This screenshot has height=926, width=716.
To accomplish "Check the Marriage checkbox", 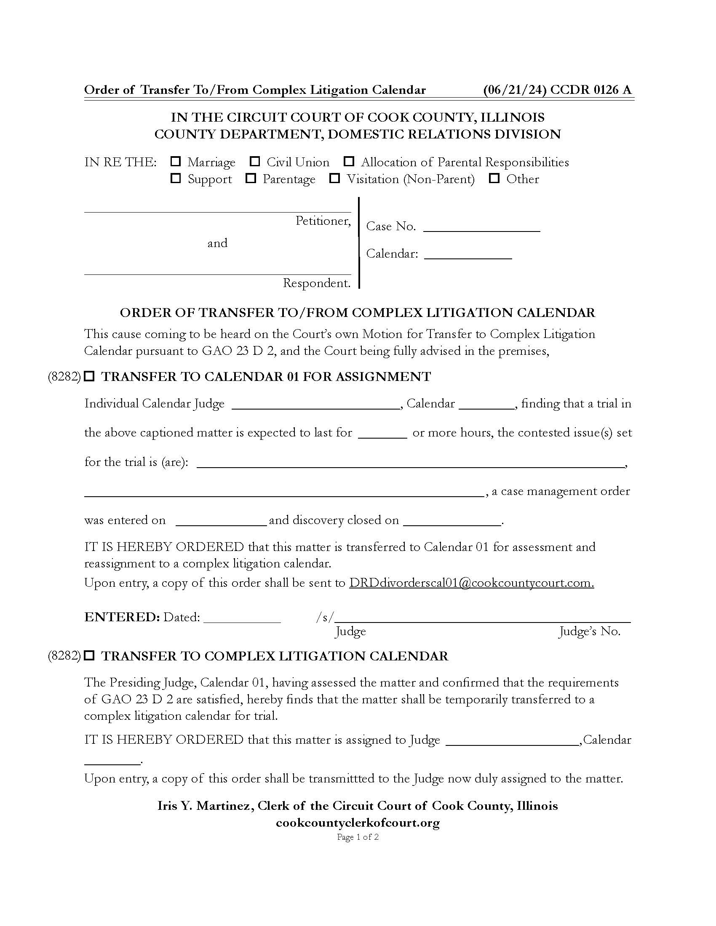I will [175, 161].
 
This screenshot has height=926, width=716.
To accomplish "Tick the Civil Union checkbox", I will [254, 161].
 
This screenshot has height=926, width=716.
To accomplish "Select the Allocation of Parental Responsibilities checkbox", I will [349, 161].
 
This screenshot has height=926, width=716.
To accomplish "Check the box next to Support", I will [175, 178].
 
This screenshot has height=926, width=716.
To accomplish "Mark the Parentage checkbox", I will [251, 178].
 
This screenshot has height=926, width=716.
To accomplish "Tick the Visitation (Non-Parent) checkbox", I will [335, 178].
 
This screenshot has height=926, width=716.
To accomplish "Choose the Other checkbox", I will [494, 178].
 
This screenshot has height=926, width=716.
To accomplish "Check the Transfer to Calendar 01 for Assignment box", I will [89, 376].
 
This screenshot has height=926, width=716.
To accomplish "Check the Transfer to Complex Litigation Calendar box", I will [89, 655].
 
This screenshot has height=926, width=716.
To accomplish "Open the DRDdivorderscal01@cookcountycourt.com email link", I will [471, 583].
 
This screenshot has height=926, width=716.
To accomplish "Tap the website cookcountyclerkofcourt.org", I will [358, 822].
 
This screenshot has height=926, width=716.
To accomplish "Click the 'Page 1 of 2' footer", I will [358, 837].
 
